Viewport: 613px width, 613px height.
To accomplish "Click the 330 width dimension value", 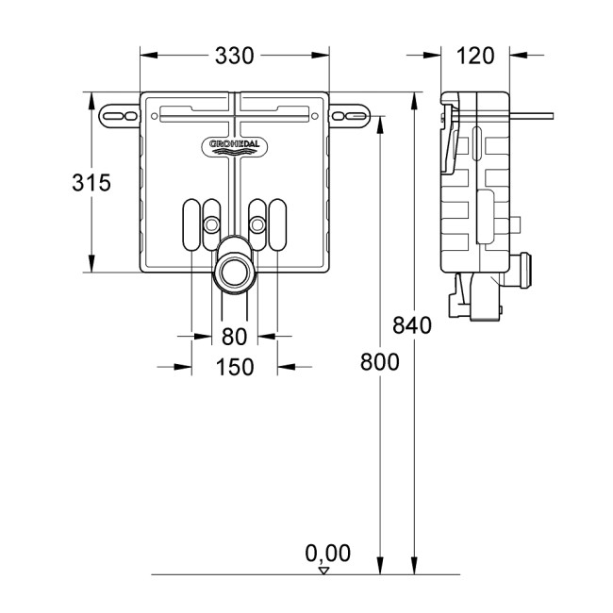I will [x=234, y=56].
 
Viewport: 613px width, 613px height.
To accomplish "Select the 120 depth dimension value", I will [x=475, y=56].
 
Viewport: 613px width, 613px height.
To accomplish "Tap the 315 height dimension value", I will [x=91, y=183].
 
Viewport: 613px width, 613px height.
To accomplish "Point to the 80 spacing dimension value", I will [x=234, y=336].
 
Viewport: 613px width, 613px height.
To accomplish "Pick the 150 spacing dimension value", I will [x=234, y=367].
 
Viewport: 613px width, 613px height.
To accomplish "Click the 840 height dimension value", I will [x=412, y=326].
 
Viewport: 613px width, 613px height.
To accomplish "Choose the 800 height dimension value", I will [x=378, y=361].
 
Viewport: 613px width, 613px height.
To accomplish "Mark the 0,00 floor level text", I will [x=328, y=552].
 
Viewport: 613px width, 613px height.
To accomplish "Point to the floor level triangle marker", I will [x=323, y=570].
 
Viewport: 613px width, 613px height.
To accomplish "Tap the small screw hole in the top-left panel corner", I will [x=154, y=117].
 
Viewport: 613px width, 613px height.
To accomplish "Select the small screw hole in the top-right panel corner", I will [x=315, y=117].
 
